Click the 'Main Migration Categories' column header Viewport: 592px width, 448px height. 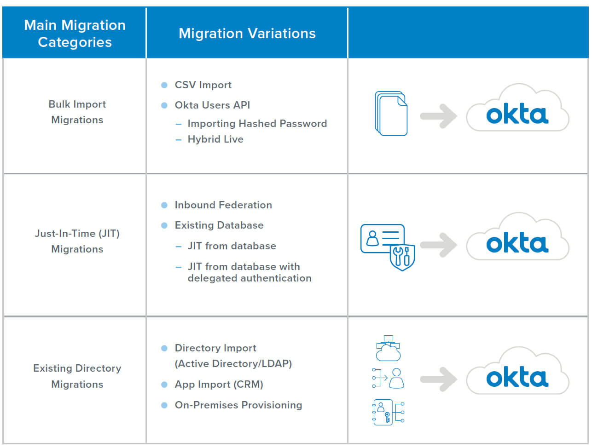pos(75,34)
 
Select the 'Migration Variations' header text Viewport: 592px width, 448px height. pos(247,34)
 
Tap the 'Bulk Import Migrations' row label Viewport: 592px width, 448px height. pos(77,112)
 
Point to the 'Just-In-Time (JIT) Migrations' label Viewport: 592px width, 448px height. pos(77,241)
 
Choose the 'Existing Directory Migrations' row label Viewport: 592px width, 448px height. pos(77,376)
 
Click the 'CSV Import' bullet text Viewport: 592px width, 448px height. pos(203,85)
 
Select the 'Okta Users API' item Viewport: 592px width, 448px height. pos(212,105)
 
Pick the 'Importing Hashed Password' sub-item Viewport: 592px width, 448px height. pos(257,124)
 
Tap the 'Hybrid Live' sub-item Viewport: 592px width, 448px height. pos(215,139)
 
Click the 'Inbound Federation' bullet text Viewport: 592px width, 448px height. pos(223,205)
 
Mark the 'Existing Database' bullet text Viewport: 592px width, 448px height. pos(219,225)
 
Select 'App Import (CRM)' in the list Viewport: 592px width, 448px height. pos(219,385)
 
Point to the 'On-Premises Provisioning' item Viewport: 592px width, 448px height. pos(238,405)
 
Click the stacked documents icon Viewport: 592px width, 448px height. pos(391,114)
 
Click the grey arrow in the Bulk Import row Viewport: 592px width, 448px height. pos(438,115)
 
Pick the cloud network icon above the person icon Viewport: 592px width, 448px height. pos(388,348)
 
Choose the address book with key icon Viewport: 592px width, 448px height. pos(388,412)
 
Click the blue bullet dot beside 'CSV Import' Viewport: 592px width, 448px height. pos(164,85)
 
